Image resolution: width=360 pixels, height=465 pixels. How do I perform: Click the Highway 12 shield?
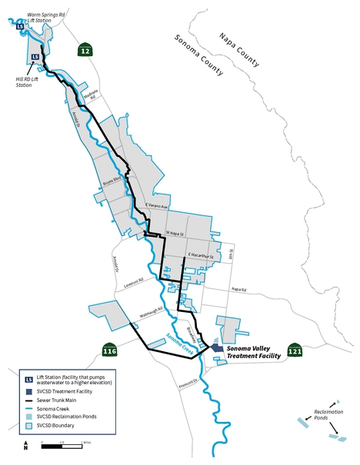(x=84, y=50)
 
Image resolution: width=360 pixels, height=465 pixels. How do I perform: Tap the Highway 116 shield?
(x=109, y=350)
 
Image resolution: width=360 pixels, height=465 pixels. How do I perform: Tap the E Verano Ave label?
(x=156, y=206)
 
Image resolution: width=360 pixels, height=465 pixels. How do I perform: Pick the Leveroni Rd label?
(x=134, y=282)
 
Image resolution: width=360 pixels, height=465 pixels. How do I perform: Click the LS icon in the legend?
(x=28, y=379)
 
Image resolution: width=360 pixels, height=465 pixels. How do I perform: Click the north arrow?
(x=25, y=444)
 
